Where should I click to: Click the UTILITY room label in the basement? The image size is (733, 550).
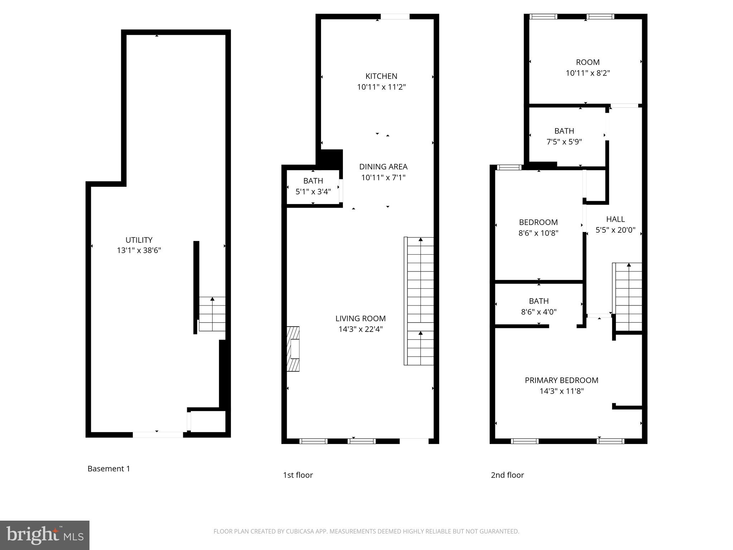point(139,240)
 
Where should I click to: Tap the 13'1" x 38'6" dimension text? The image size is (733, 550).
point(139,250)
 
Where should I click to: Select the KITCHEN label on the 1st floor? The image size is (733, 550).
point(381,76)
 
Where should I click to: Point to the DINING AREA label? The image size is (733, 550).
point(383,167)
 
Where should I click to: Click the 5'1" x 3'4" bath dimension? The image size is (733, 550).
point(313,192)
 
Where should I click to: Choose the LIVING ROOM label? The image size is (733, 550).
point(360,318)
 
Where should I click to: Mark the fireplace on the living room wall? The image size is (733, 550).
point(293,349)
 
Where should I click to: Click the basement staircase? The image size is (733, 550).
point(212,314)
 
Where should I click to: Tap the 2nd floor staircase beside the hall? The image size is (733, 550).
point(628,297)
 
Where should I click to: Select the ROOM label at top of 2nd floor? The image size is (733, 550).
point(588,62)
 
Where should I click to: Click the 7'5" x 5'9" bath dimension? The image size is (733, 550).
point(564,142)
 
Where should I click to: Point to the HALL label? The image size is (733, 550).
point(615,219)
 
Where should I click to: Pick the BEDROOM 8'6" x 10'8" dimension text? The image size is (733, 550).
point(538,233)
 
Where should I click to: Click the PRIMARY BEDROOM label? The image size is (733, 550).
point(562,380)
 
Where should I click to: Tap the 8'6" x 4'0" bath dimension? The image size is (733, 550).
point(539,312)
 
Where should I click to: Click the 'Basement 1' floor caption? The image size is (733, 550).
point(109,468)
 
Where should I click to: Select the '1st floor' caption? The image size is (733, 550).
point(298,475)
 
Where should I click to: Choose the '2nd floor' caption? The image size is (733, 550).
point(507,475)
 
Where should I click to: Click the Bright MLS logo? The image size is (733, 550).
point(45,535)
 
